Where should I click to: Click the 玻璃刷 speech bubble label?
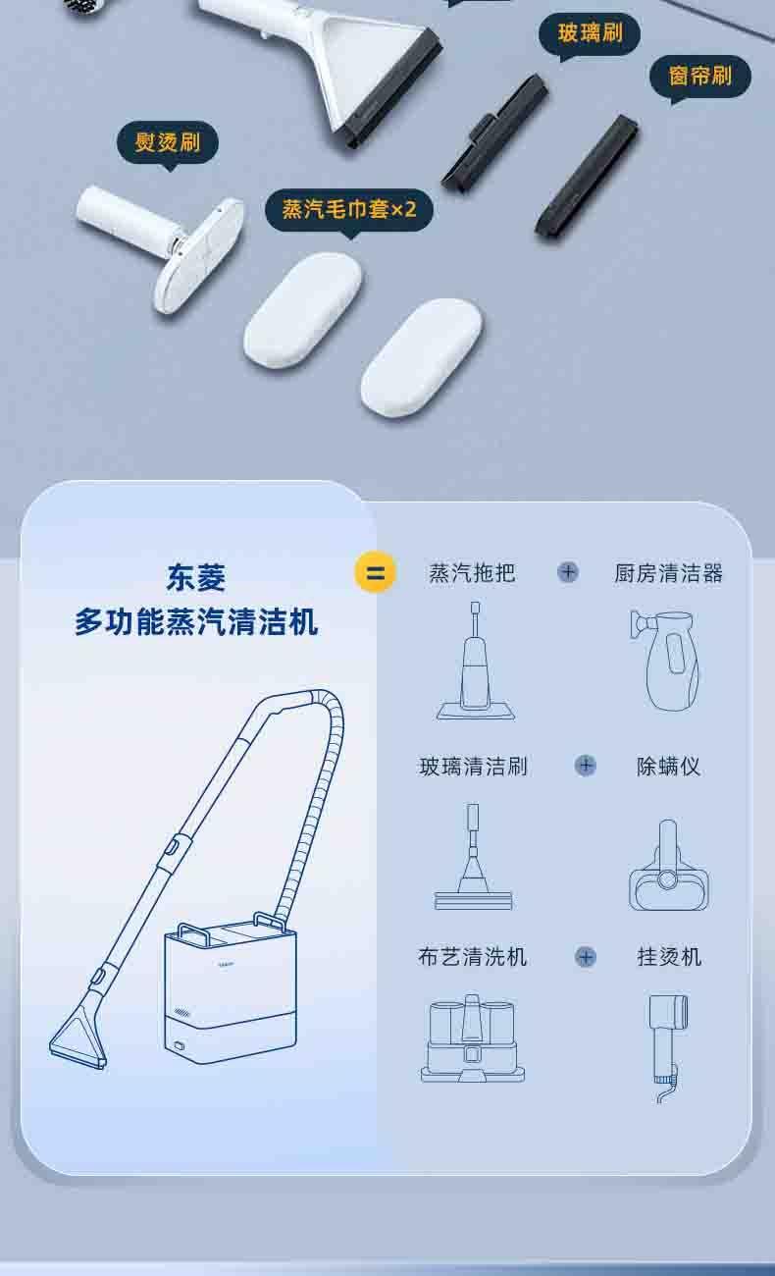pyautogui.click(x=590, y=33)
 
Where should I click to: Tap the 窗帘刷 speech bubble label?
pyautogui.click(x=700, y=77)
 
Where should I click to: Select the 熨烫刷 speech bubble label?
pyautogui.click(x=168, y=142)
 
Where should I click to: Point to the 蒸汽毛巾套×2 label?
pyautogui.click(x=349, y=210)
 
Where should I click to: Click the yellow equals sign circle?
pyautogui.click(x=376, y=572)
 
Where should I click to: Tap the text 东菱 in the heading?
pyautogui.click(x=196, y=577)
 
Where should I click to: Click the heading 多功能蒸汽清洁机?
pyautogui.click(x=196, y=621)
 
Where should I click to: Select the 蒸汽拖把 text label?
pyautogui.click(x=472, y=573)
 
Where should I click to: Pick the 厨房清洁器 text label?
pyautogui.click(x=668, y=573)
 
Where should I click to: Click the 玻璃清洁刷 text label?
pyautogui.click(x=473, y=767)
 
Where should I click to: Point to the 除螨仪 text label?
pyautogui.click(x=668, y=767)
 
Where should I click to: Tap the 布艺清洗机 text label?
pyautogui.click(x=473, y=956)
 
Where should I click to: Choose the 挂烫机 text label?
pyautogui.click(x=669, y=956)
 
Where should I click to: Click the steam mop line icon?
pyautogui.click(x=476, y=661)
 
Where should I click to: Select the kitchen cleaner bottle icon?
pyautogui.click(x=666, y=661)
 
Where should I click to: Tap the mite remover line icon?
pyautogui.click(x=668, y=865)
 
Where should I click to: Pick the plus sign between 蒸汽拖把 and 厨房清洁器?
pyautogui.click(x=568, y=572)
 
